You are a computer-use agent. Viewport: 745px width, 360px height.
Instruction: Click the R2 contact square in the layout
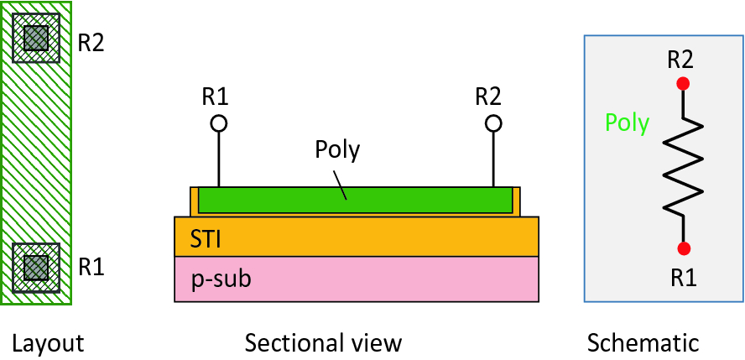[36, 38]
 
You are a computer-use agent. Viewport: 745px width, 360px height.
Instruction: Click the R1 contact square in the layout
[36, 268]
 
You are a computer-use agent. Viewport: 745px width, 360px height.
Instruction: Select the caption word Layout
[49, 342]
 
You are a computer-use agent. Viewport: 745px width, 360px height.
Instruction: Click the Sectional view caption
[323, 342]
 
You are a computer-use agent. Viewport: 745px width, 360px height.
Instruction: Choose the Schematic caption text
[643, 342]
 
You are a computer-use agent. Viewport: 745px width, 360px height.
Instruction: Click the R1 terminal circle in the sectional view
[218, 124]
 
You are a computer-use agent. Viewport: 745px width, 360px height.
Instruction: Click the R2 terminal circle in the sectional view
[493, 124]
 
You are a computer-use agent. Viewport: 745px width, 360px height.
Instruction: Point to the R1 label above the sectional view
[216, 96]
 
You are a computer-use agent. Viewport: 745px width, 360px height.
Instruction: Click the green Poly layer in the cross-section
[403, 201]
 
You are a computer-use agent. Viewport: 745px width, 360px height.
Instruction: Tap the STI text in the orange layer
[206, 239]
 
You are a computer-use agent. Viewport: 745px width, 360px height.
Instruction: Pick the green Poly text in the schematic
[627, 123]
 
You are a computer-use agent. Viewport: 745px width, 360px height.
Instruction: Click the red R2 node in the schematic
[684, 84]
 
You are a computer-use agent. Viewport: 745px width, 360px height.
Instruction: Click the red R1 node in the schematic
[684, 248]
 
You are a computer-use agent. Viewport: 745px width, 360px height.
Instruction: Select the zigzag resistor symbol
[684, 166]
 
